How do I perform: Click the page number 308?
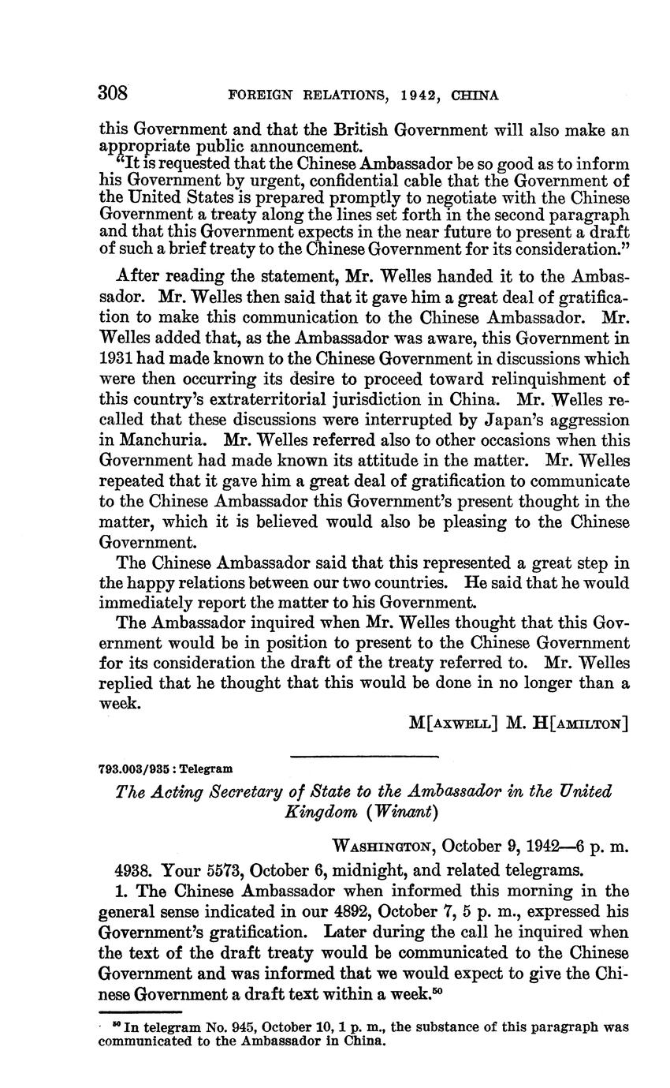(113, 93)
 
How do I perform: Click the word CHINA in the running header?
(475, 95)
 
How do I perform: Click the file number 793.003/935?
(139, 768)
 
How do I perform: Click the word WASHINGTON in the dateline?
(383, 846)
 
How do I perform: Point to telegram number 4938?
(134, 871)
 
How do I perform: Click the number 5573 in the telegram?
(224, 871)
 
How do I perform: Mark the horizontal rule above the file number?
(363, 757)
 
